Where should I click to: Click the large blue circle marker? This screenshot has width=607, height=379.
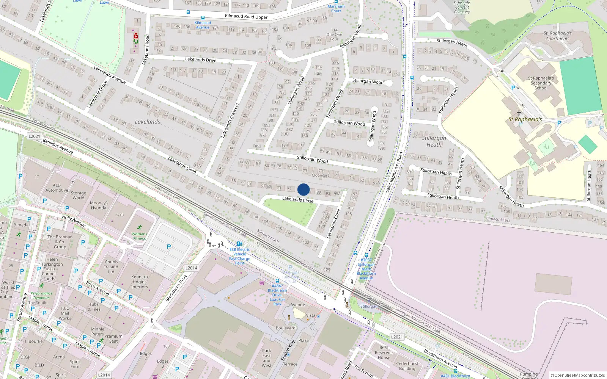(x=303, y=189)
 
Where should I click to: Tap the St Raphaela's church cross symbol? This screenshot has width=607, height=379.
(x=519, y=113)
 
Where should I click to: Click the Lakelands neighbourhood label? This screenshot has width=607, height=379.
(x=148, y=122)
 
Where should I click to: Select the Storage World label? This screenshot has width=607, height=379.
(x=79, y=195)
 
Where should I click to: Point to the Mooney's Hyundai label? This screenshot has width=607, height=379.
(x=99, y=205)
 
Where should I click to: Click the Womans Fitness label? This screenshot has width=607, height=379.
(x=139, y=236)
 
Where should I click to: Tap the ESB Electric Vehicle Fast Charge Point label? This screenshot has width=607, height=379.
(x=240, y=256)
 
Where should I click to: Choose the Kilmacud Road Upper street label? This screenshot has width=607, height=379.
(x=246, y=16)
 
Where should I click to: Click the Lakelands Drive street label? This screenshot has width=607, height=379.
(x=201, y=60)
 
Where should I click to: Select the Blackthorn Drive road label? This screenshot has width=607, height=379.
(x=176, y=288)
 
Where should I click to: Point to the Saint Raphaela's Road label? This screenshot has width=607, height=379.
(x=394, y=171)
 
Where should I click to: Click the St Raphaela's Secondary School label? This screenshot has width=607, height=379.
(x=541, y=83)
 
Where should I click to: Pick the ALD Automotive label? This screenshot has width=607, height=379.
(x=57, y=188)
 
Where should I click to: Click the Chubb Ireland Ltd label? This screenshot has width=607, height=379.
(x=111, y=267)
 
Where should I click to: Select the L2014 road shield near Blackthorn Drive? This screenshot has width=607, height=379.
(x=191, y=268)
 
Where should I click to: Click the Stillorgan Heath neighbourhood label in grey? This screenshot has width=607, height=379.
(x=434, y=141)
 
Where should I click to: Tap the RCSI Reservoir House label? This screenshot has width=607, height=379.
(x=384, y=352)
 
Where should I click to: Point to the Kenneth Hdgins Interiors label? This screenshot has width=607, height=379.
(x=140, y=282)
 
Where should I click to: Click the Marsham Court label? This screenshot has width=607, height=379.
(x=336, y=8)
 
